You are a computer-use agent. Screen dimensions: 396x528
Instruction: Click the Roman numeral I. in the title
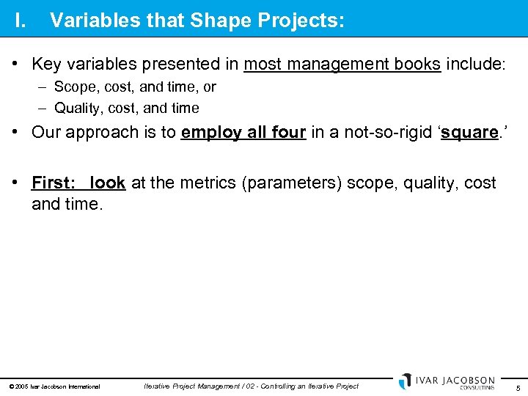(x=21, y=21)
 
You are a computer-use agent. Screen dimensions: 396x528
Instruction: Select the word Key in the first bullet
(x=47, y=65)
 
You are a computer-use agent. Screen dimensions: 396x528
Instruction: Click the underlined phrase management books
(x=342, y=65)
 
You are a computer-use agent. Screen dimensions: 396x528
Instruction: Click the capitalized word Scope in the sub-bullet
(x=74, y=87)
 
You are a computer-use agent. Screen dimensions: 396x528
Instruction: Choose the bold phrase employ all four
(x=243, y=133)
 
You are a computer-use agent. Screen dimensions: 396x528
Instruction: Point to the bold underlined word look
(x=108, y=183)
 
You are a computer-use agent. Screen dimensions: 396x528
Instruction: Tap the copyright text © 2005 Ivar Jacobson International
(x=54, y=386)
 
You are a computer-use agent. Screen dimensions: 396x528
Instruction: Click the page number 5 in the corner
(x=518, y=387)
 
